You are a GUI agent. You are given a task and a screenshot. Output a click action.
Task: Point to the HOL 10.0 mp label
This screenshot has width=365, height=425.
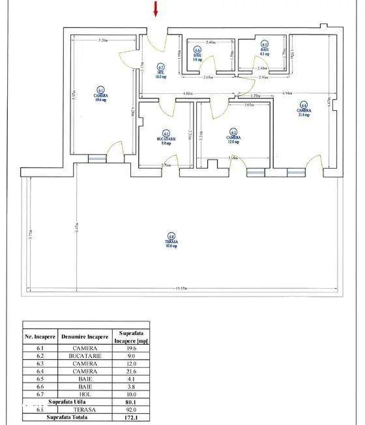160,72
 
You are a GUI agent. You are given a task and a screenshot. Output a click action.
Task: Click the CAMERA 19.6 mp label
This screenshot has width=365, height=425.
100,96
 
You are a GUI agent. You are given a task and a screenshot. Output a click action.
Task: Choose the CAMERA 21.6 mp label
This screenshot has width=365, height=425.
304,109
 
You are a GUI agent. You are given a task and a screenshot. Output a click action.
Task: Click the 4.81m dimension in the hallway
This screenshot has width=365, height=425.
188,94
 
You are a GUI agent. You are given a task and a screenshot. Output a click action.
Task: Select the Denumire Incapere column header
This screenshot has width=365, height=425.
85,337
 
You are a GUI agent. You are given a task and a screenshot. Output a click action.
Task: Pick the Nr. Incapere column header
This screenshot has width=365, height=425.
40,337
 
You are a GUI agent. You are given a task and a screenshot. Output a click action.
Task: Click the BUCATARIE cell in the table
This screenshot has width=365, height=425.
85,357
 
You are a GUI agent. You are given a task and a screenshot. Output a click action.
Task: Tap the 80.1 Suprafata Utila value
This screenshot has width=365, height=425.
131,402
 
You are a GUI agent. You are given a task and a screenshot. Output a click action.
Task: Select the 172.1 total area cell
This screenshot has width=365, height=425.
131,417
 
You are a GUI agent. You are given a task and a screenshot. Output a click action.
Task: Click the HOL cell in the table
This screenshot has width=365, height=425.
85,394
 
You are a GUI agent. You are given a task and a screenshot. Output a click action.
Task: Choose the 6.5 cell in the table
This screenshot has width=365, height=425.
40,379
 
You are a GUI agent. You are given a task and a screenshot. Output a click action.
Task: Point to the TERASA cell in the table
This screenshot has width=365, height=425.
85,409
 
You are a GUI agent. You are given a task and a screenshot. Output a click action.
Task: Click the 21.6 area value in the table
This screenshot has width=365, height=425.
131,372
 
